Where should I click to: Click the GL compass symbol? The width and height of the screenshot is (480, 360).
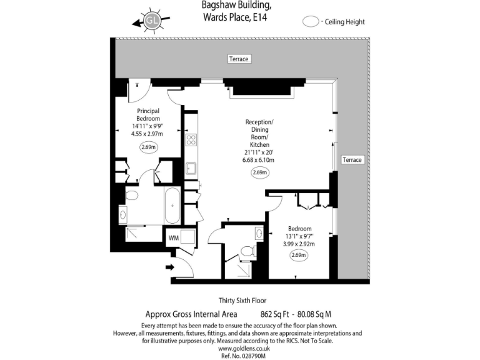152,21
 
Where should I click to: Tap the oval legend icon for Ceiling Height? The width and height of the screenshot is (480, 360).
311,22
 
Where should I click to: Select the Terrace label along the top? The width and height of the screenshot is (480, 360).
238,59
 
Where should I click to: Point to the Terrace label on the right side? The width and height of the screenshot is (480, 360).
352,160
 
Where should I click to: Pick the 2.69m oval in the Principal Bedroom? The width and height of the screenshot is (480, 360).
148,147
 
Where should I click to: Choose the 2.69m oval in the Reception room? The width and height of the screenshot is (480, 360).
259,172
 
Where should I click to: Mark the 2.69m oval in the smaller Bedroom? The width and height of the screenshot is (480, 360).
299,255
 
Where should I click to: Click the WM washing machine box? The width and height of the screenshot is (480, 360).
173,237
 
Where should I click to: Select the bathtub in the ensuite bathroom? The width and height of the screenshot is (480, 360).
172,204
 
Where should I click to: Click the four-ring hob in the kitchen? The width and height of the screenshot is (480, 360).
191,140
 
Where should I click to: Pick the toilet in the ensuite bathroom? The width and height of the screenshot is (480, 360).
132,196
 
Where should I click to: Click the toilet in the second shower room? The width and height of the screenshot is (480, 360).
248,251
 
